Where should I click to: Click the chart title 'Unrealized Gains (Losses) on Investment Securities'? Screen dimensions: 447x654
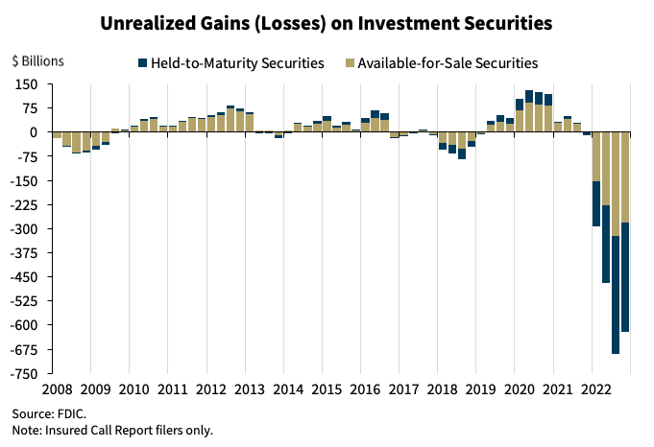(x=327, y=21)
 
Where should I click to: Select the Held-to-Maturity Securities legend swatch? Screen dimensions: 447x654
(x=143, y=63)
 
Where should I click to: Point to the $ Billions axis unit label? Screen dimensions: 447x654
(x=37, y=60)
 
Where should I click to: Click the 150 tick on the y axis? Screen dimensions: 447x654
(x=26, y=84)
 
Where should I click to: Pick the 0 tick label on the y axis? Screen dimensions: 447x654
(x=33, y=132)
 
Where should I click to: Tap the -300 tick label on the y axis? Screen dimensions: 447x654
(x=23, y=229)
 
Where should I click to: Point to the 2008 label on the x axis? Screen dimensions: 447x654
(x=56, y=390)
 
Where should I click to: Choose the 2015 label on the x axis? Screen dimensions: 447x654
(x=326, y=390)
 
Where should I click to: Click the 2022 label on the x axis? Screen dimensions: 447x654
(x=595, y=390)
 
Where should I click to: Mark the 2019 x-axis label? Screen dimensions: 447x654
(x=480, y=390)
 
